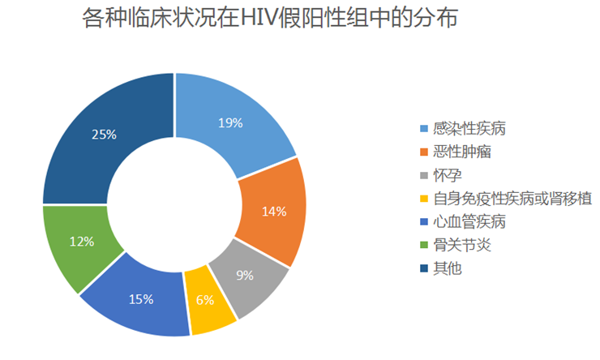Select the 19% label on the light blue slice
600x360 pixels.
click(x=231, y=123)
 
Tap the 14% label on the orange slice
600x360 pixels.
click(x=274, y=212)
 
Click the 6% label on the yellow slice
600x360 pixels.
click(x=204, y=300)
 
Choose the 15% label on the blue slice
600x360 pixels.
click(x=141, y=299)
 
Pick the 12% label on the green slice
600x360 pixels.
click(x=82, y=241)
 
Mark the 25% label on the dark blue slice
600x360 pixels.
click(x=104, y=135)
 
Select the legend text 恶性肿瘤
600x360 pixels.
click(x=461, y=152)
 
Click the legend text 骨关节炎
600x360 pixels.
click(x=461, y=245)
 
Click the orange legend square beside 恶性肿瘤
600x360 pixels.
click(x=423, y=152)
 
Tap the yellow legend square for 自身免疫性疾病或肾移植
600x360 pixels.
click(x=423, y=199)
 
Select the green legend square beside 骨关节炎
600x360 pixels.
click(x=423, y=245)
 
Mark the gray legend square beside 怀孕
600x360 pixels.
click(x=423, y=175)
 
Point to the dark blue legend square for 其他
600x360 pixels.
click(x=423, y=268)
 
